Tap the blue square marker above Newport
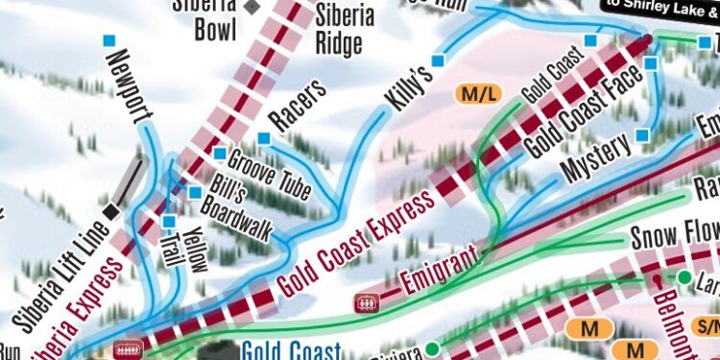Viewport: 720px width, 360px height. pyautogui.click(x=109, y=40)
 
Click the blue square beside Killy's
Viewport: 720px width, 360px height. pyautogui.click(x=438, y=61)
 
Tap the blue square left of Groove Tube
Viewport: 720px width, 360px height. pyautogui.click(x=220, y=154)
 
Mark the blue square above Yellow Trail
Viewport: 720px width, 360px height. pyautogui.click(x=169, y=222)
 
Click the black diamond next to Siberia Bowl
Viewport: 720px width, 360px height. pyautogui.click(x=252, y=8)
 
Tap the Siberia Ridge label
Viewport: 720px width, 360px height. pyautogui.click(x=338, y=29)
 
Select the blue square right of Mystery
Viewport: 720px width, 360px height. pyautogui.click(x=641, y=135)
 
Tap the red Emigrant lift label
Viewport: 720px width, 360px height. pyautogui.click(x=441, y=272)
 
